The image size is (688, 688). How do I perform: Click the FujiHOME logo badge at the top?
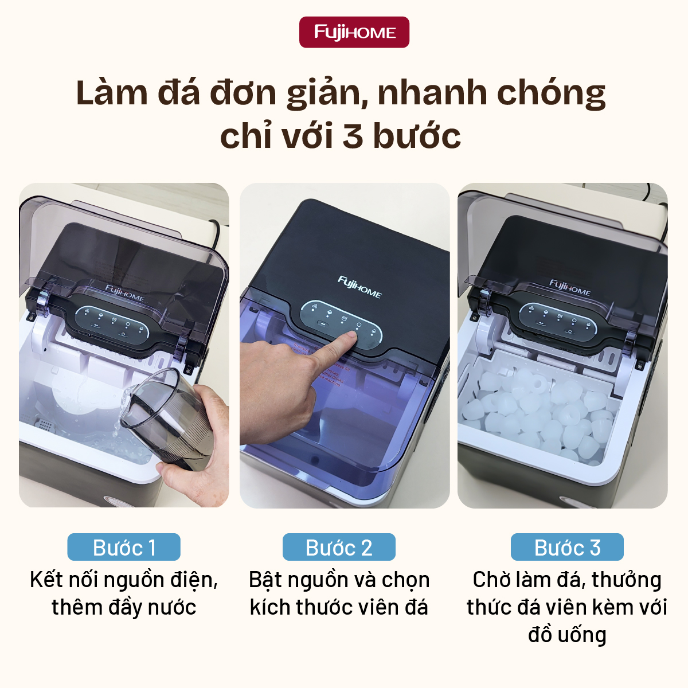[354, 32]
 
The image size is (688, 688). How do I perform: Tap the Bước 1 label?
[124, 548]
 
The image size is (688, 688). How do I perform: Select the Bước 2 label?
[339, 548]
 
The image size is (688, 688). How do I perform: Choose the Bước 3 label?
[567, 548]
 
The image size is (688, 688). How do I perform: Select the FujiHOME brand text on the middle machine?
[359, 287]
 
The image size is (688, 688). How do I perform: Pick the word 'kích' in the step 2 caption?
[270, 607]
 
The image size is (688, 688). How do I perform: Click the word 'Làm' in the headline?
[112, 93]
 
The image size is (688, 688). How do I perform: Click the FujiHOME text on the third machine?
[570, 287]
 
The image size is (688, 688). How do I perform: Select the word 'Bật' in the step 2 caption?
[265, 580]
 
